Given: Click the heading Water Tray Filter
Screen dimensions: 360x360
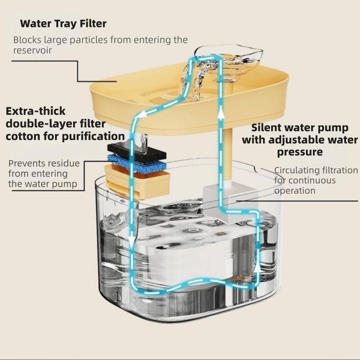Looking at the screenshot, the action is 63,24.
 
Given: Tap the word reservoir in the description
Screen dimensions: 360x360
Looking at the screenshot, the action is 32,50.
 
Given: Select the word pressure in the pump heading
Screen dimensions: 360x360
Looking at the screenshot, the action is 300,152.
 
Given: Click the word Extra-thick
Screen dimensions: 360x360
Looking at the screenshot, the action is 36,111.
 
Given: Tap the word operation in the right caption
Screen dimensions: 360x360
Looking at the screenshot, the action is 295,190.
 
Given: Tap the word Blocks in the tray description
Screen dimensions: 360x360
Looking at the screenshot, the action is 27,40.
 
